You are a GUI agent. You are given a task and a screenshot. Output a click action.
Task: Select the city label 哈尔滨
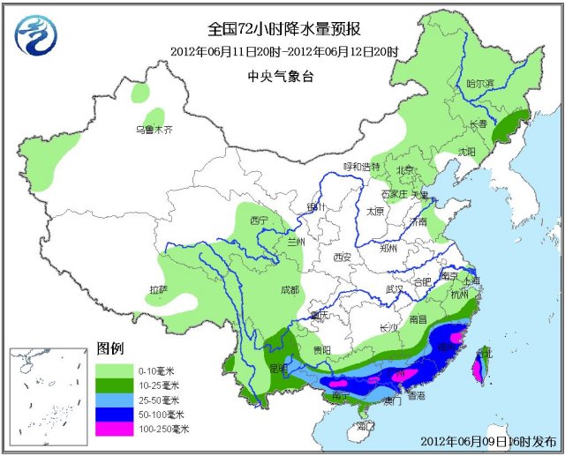click(x=478, y=83)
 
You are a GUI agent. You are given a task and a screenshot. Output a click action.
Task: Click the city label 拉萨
click(x=159, y=288)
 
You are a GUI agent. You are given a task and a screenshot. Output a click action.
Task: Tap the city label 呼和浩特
click(x=360, y=167)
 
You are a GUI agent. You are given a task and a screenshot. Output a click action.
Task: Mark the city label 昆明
click(x=277, y=367)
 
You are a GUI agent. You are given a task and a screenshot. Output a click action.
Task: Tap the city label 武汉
click(x=394, y=288)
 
